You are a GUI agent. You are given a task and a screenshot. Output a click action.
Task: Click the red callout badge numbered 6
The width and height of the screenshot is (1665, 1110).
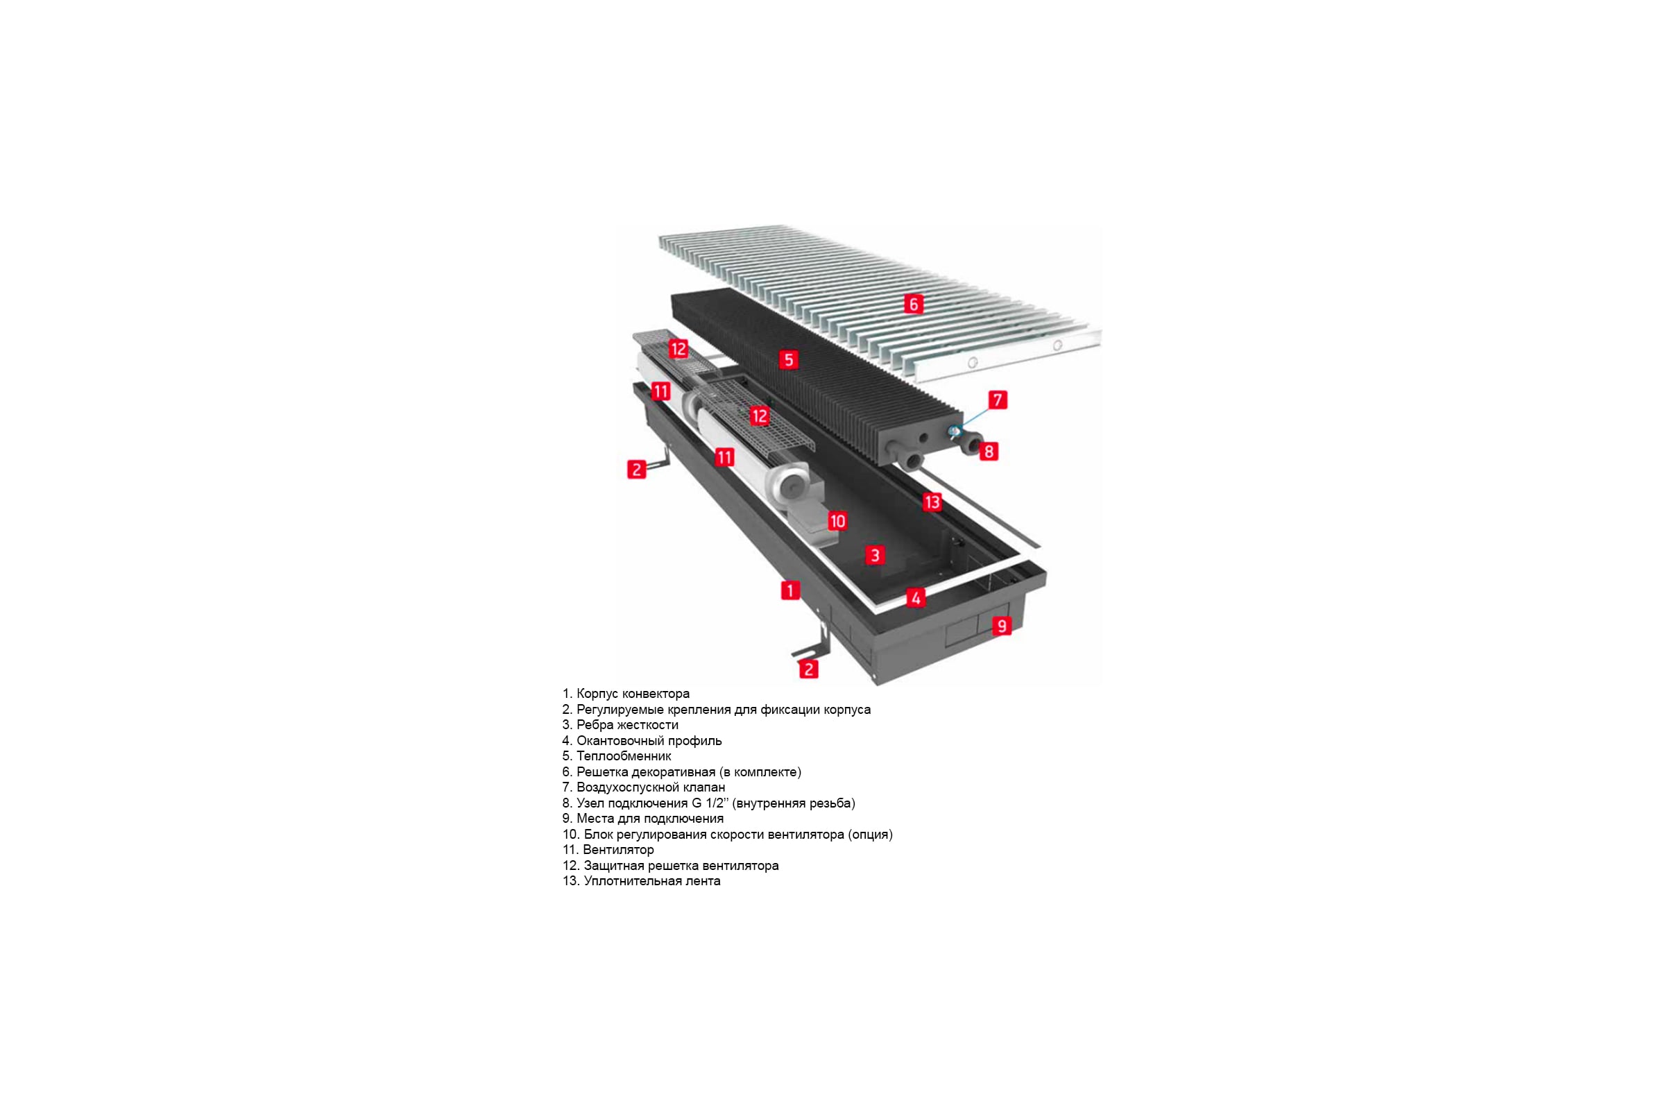[x=913, y=305]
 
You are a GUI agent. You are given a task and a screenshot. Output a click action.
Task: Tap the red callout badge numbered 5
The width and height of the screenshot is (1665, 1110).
[x=789, y=359]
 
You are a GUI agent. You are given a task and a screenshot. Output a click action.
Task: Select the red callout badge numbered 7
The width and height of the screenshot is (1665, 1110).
[x=998, y=400]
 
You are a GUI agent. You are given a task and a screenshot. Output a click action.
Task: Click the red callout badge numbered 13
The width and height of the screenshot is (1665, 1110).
[x=932, y=502]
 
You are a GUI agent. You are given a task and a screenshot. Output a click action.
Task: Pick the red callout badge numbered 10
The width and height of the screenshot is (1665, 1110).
[x=837, y=521]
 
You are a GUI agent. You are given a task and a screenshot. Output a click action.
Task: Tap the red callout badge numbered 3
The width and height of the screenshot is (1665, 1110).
[x=875, y=555]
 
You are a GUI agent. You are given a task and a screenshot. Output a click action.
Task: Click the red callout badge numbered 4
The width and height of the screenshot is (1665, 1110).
[x=915, y=598]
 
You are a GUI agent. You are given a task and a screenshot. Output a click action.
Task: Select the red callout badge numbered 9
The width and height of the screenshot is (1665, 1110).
[x=1001, y=626]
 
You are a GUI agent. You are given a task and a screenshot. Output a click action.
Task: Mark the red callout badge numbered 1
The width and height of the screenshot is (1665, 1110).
[x=790, y=590]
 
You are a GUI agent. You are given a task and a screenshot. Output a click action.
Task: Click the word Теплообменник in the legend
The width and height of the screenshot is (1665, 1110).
[x=624, y=756]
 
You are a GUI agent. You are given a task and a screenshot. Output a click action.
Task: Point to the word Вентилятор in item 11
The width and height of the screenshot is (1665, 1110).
[x=618, y=849]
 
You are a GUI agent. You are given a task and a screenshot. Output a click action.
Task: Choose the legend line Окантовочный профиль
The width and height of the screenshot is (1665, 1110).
[x=649, y=740]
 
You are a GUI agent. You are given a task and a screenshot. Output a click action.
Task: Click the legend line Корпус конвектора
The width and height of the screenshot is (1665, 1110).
[x=633, y=694]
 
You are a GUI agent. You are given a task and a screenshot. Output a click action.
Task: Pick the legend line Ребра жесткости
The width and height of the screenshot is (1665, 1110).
[x=627, y=725]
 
